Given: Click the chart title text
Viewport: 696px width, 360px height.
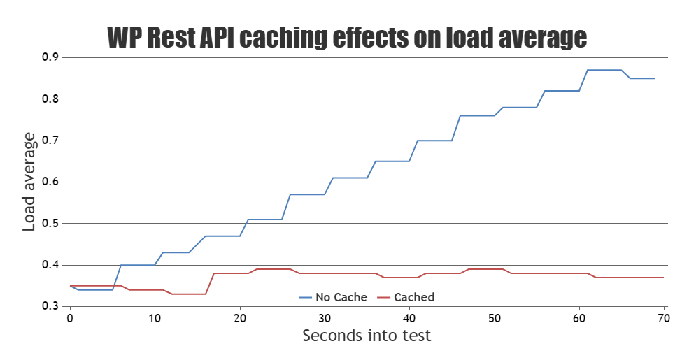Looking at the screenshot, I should coord(347,37).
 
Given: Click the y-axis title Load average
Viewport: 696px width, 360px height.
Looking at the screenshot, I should coord(29,181).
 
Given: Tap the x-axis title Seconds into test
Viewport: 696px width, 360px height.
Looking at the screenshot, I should coord(367,336).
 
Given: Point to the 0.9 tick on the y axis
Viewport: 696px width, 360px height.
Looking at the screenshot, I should coord(50,57).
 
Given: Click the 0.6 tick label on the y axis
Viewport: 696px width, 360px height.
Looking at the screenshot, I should coord(50,182).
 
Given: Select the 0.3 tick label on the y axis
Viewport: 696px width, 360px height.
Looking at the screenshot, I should coord(50,306).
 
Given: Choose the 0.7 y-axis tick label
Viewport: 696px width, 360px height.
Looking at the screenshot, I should coord(50,141).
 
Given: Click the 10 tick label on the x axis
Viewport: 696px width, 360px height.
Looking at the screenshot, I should coord(155,318).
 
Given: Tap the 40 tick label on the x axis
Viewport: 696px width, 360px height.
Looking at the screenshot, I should coord(409,318).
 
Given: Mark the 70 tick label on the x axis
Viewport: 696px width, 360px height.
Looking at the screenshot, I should coord(664,318).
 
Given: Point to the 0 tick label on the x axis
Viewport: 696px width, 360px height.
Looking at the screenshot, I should coord(70,318).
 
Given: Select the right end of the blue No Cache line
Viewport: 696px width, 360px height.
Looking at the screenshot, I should coord(655,78).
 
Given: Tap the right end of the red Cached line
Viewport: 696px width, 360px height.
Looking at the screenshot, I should coord(663,278).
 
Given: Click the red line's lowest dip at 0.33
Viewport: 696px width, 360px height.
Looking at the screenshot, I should coord(189,294).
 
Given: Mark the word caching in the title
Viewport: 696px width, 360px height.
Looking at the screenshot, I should coord(285,37).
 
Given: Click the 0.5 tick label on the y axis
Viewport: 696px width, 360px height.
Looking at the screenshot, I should coord(50,224).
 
